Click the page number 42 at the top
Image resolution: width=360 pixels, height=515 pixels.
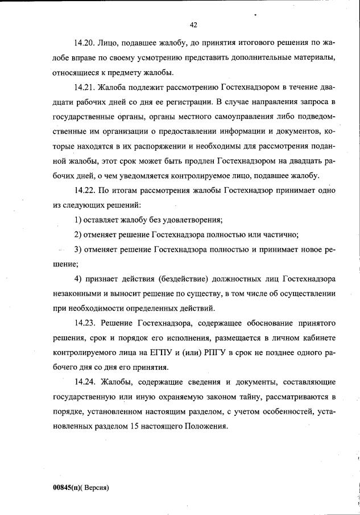click(x=193, y=24)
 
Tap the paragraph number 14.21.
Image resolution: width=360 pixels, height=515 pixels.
click(x=84, y=87)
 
